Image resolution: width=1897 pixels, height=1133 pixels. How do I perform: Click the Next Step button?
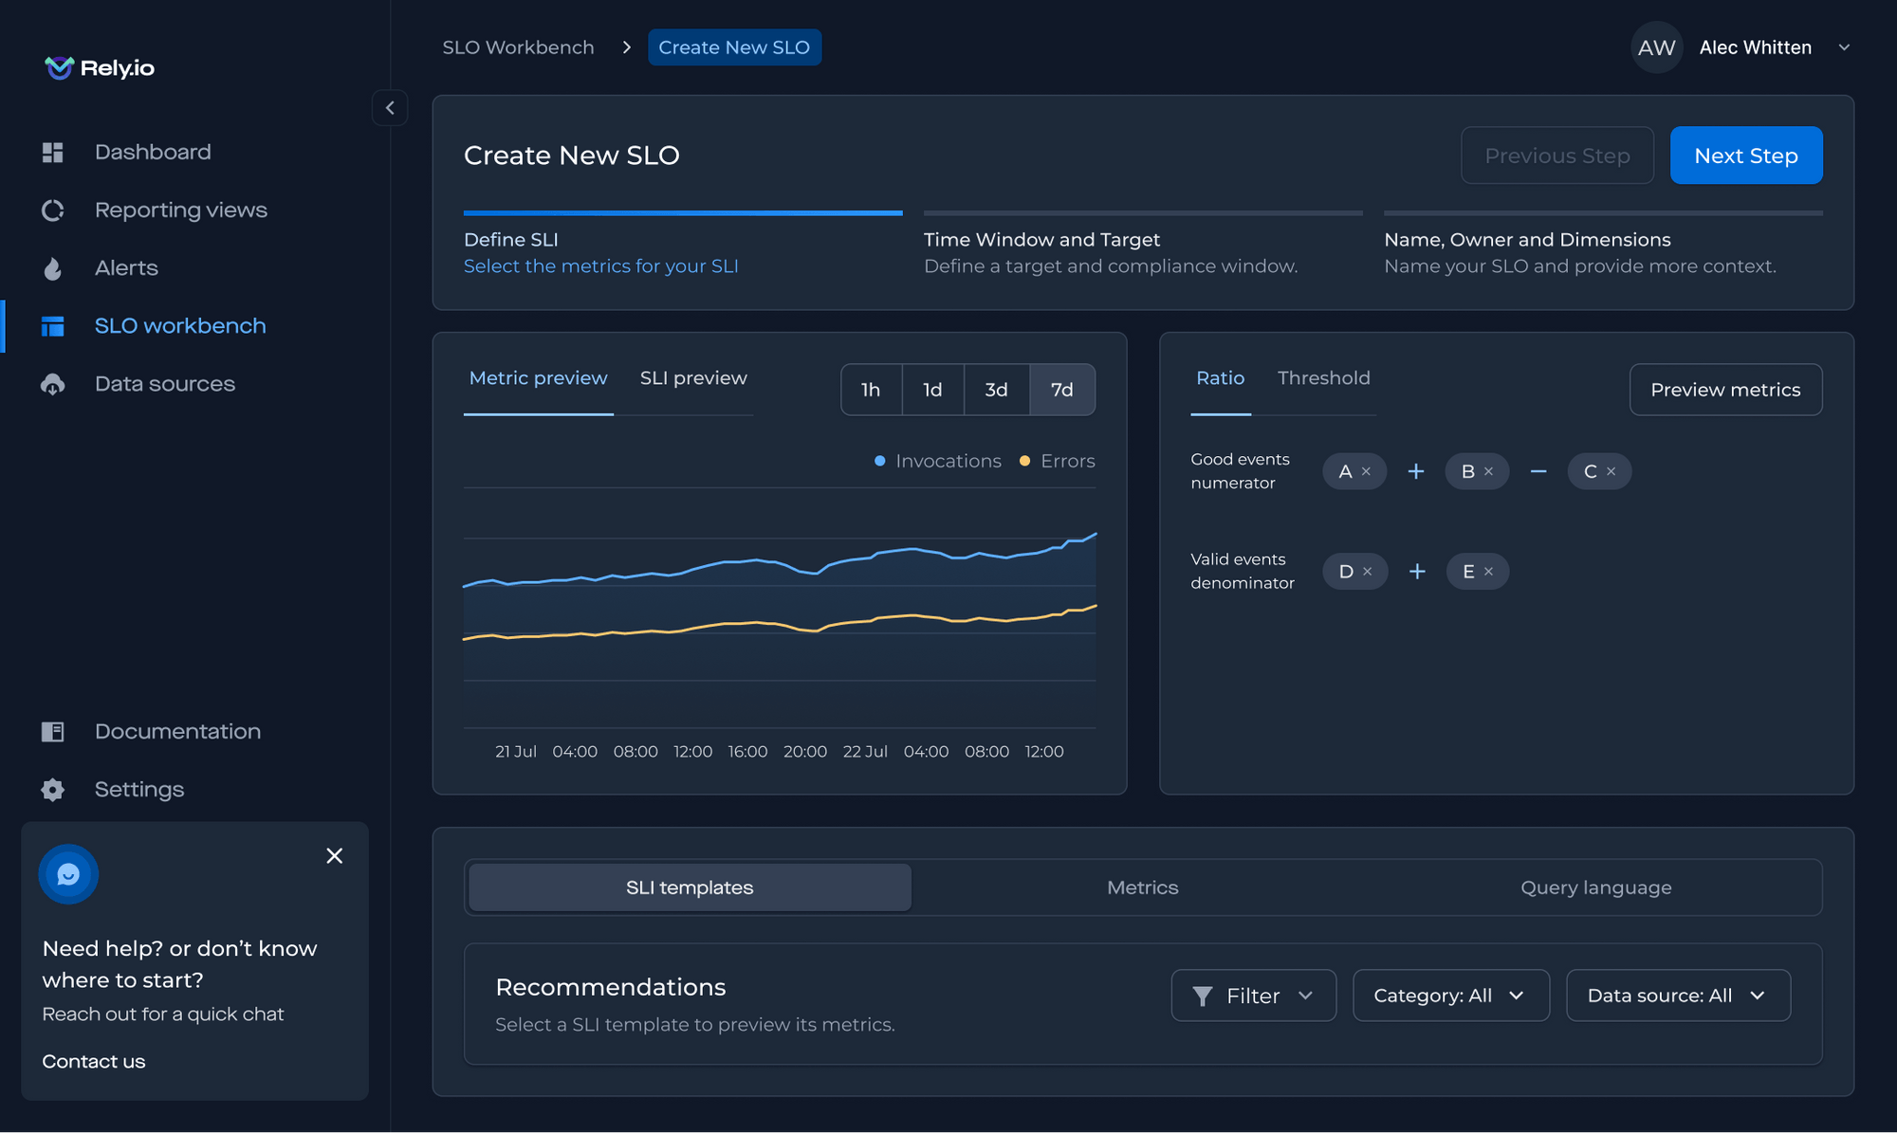coord(1745,155)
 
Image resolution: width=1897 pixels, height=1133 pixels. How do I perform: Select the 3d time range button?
coord(996,390)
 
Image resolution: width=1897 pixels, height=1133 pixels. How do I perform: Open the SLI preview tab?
coord(693,378)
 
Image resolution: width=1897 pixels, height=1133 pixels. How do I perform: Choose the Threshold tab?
coord(1323,378)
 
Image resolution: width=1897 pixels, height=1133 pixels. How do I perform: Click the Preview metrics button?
coord(1724,390)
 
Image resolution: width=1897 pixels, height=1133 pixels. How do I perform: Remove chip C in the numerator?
coord(1611,471)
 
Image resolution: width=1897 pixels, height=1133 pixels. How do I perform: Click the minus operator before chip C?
coord(1538,471)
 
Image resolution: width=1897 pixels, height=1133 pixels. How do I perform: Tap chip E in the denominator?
coord(1468,572)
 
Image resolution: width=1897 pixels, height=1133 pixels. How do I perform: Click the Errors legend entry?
coord(1057,461)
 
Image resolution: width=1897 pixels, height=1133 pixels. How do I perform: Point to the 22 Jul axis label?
coord(865,751)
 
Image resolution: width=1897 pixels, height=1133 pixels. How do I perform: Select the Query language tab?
coord(1595,887)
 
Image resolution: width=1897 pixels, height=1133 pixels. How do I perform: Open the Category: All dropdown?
coord(1450,996)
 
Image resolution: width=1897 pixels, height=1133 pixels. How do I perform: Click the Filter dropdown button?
coord(1253,996)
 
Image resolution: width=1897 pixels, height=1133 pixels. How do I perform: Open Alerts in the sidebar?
coord(126,268)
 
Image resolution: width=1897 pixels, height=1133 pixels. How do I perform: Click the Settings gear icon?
coord(53,790)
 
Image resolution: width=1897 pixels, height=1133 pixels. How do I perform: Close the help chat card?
coord(334,856)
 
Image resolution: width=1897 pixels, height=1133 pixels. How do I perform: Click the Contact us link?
coord(94,1061)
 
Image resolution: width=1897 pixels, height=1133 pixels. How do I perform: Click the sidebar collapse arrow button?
coord(390,108)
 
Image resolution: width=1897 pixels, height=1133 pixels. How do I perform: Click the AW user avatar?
coord(1656,47)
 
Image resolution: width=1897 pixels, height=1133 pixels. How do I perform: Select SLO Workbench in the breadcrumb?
coord(518,47)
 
